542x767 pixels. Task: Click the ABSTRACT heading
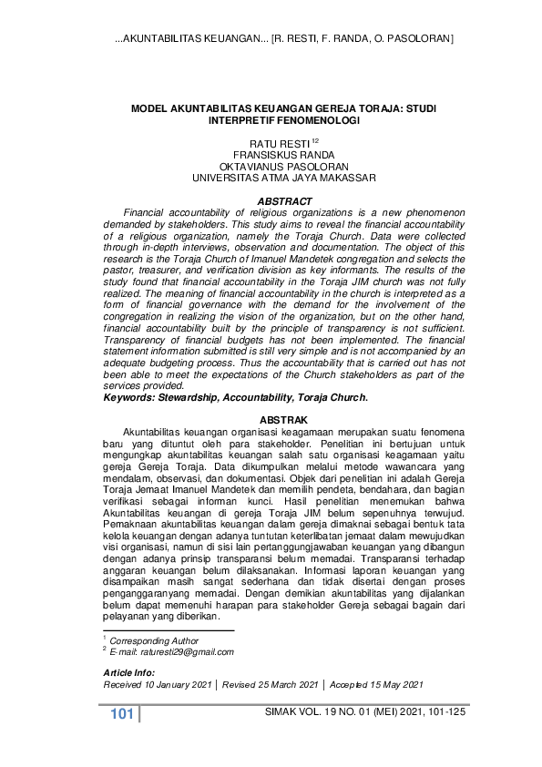pos(285,200)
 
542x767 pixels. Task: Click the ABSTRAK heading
pos(285,418)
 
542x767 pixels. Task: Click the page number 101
pos(121,713)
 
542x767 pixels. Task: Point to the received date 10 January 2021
pos(178,683)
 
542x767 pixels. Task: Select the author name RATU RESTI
pos(280,144)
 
